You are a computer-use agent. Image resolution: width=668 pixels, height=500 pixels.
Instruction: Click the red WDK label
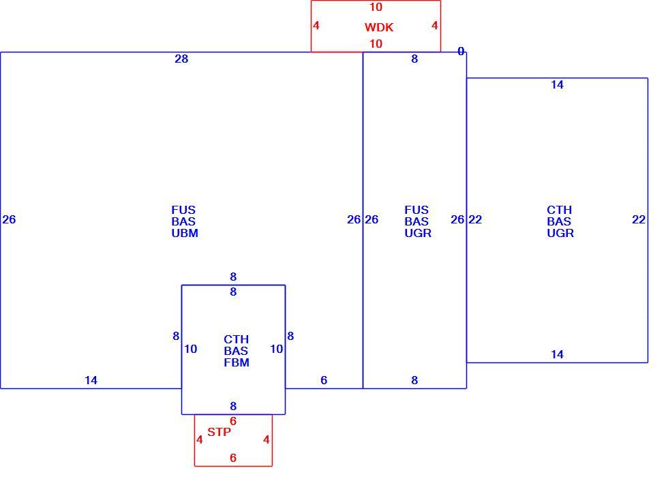(379, 27)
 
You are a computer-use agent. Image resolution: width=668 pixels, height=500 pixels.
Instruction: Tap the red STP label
(219, 432)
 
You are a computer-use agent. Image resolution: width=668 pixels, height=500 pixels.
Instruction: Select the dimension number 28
(181, 59)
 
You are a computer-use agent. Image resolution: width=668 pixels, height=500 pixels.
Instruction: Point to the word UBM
(185, 233)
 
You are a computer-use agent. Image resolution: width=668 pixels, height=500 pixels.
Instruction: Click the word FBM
(237, 362)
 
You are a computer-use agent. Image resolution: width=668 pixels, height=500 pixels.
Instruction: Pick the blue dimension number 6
(324, 380)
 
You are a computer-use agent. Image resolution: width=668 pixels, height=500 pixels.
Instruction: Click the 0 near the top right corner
(461, 52)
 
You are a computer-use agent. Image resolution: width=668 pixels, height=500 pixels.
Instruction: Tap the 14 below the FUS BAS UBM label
(91, 380)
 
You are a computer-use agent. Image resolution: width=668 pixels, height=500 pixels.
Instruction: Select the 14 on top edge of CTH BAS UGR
(557, 84)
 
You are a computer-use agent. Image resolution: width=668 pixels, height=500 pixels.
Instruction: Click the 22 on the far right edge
(639, 219)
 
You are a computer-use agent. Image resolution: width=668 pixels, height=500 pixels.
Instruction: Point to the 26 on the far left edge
(9, 219)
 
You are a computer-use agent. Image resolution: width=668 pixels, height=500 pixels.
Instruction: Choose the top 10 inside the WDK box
(376, 7)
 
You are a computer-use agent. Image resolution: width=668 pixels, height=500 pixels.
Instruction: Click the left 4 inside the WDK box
(316, 26)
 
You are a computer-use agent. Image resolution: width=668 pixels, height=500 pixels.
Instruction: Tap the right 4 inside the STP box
(267, 439)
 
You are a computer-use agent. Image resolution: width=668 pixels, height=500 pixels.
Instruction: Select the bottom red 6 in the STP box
(233, 458)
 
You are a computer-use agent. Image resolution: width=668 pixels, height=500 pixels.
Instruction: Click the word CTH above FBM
(236, 339)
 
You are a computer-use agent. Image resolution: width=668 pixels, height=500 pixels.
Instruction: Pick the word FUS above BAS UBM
(183, 210)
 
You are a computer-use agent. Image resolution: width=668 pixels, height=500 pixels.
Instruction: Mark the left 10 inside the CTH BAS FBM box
(190, 349)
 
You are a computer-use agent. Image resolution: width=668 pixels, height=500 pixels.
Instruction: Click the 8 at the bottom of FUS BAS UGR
(414, 380)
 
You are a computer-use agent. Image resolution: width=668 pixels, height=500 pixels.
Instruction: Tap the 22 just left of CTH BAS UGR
(475, 219)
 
